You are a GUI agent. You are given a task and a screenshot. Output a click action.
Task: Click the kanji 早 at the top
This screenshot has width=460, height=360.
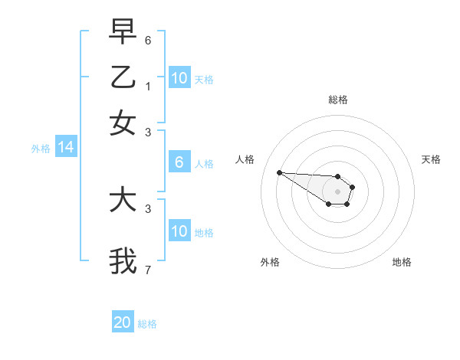(123, 31)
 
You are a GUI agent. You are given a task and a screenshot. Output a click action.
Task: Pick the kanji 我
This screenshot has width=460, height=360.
(123, 260)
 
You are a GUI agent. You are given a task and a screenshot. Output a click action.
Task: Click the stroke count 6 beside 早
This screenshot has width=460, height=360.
(148, 40)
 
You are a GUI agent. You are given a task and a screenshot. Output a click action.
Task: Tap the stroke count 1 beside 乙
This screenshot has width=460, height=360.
(148, 86)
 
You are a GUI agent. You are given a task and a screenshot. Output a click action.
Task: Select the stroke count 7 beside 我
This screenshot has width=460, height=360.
(148, 270)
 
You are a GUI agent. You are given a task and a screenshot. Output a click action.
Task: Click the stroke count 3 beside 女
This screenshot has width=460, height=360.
(148, 132)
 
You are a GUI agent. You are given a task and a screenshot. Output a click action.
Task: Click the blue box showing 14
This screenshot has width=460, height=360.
(65, 148)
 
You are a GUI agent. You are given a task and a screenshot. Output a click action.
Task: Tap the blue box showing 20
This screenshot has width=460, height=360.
(122, 322)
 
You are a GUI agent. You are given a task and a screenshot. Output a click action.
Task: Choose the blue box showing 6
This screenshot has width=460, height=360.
(179, 162)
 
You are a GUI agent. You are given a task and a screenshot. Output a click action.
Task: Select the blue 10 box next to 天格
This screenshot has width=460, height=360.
(179, 78)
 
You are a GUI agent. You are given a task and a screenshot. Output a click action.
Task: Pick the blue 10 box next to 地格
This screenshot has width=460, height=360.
(179, 231)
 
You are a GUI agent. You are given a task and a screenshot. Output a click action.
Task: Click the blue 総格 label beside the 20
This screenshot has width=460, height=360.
(147, 324)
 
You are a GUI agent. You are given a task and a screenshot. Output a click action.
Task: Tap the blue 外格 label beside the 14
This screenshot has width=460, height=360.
(41, 149)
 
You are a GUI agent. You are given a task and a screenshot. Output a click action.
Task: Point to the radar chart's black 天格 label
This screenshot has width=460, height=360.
(431, 159)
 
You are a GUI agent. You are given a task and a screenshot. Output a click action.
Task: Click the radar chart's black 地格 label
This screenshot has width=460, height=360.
(402, 262)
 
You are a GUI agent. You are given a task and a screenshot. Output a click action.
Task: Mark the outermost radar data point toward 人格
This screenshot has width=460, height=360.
(279, 172)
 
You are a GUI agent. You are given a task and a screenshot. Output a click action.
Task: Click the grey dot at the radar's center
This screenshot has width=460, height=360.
(337, 191)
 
